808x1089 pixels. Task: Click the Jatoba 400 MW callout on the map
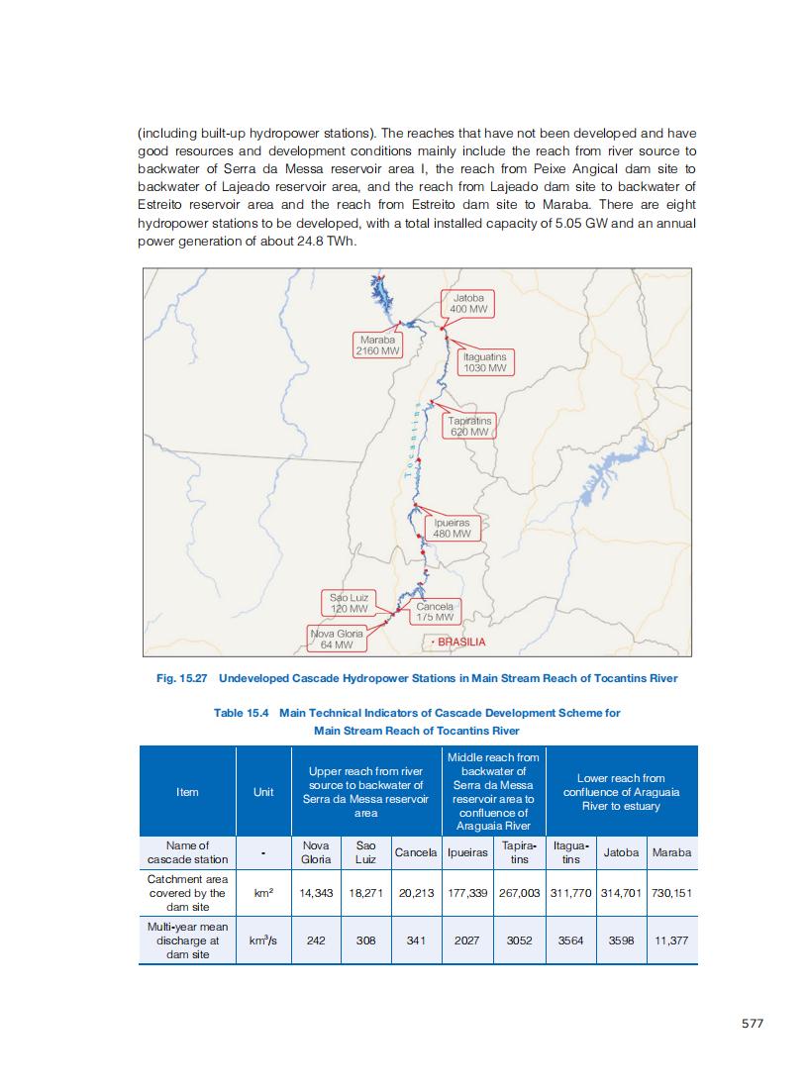[468, 303]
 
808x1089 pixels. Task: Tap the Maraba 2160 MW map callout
[378, 345]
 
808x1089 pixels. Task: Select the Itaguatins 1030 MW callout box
[485, 361]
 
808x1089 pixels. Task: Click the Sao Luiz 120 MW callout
[349, 603]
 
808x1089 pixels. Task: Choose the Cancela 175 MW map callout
[435, 611]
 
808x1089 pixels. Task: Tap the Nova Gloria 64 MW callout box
[337, 639]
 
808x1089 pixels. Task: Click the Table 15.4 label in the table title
[242, 713]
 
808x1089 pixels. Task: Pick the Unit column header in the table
[263, 792]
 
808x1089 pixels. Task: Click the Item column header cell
[187, 792]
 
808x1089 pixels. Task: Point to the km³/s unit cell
[263, 941]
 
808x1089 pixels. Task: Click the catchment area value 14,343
[316, 893]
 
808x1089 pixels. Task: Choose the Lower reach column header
[621, 792]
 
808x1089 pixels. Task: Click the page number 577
[753, 1024]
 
